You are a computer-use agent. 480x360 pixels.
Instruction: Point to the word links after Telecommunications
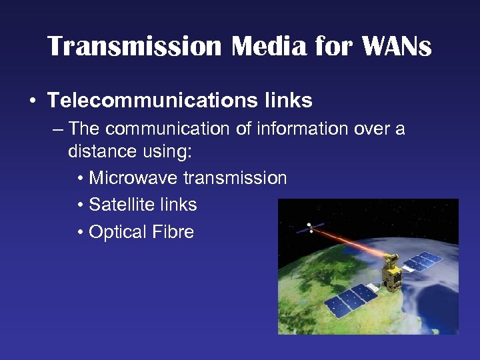tap(288, 101)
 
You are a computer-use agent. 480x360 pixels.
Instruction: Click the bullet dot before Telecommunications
tap(33, 101)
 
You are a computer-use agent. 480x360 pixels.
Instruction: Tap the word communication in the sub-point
tap(163, 128)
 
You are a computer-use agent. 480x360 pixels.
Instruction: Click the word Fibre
tap(172, 231)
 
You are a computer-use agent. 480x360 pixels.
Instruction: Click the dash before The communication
tap(57, 128)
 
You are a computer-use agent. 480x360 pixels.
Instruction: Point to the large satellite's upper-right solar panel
tap(422, 261)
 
